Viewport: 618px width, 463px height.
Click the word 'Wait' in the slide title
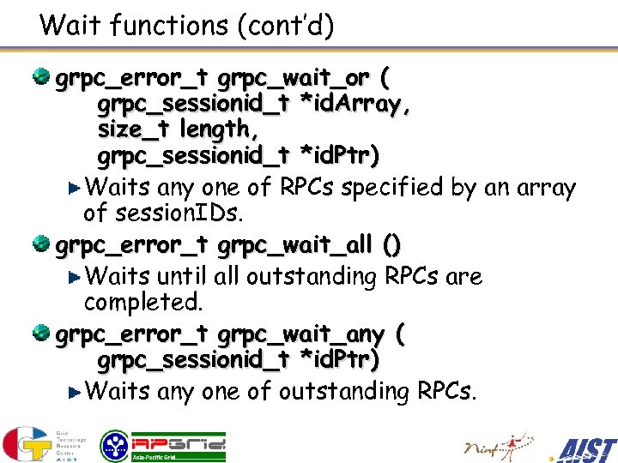[65, 25]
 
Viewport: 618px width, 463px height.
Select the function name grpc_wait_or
[294, 80]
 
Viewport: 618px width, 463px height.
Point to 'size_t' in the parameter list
[135, 129]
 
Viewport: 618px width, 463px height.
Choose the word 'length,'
[215, 129]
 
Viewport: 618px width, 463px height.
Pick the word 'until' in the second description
[180, 277]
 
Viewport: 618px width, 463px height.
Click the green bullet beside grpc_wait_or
[41, 79]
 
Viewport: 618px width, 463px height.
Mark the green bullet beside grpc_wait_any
[41, 334]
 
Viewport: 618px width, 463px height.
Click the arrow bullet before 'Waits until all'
[76, 277]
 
